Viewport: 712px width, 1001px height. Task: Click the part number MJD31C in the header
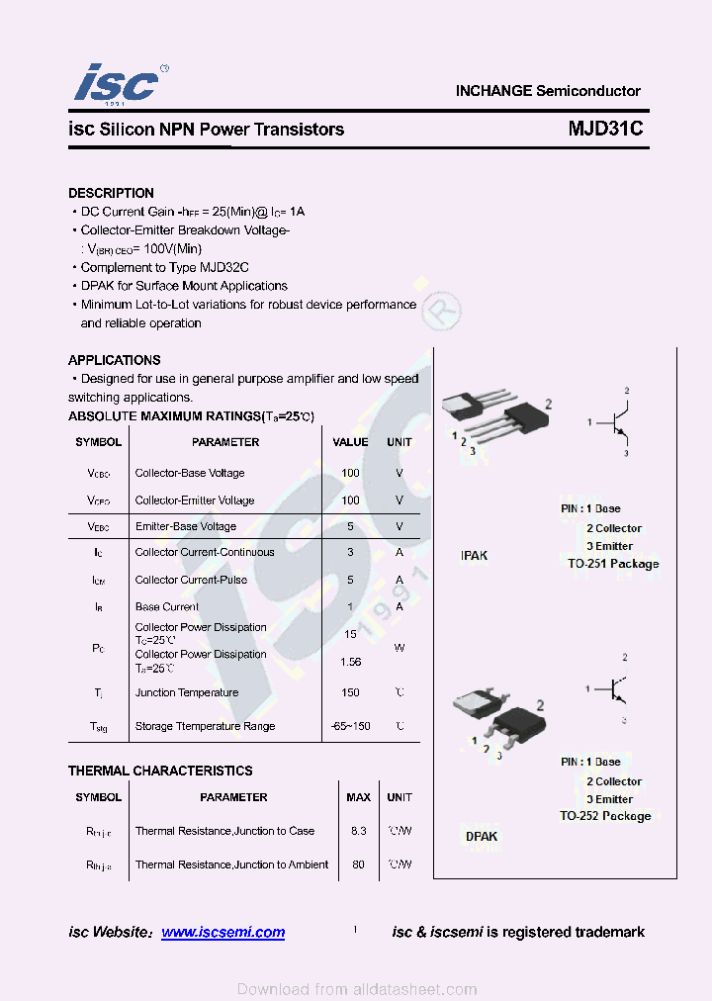click(605, 129)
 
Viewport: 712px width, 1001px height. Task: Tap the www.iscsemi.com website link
click(222, 932)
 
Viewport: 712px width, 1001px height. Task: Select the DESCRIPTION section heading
click(111, 193)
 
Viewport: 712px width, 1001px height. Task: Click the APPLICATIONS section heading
click(114, 360)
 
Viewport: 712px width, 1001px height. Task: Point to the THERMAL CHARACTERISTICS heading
click(160, 771)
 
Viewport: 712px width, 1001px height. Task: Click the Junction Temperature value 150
click(350, 692)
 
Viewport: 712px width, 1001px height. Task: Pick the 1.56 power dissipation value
click(350, 661)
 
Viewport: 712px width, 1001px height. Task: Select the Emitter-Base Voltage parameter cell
click(186, 526)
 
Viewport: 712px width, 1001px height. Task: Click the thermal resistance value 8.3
click(358, 831)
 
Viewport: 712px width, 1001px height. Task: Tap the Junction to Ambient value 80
click(358, 864)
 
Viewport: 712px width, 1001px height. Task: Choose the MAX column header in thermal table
click(358, 797)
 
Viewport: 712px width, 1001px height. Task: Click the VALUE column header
click(350, 442)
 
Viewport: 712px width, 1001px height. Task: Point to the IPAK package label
click(475, 556)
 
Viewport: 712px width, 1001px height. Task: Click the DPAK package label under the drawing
click(482, 837)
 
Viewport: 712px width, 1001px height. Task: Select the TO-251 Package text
click(613, 564)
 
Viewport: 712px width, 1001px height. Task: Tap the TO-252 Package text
click(605, 816)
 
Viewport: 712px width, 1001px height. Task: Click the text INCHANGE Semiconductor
click(548, 91)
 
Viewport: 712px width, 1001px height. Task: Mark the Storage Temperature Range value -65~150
click(350, 726)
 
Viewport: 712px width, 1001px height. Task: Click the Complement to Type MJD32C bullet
click(164, 267)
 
